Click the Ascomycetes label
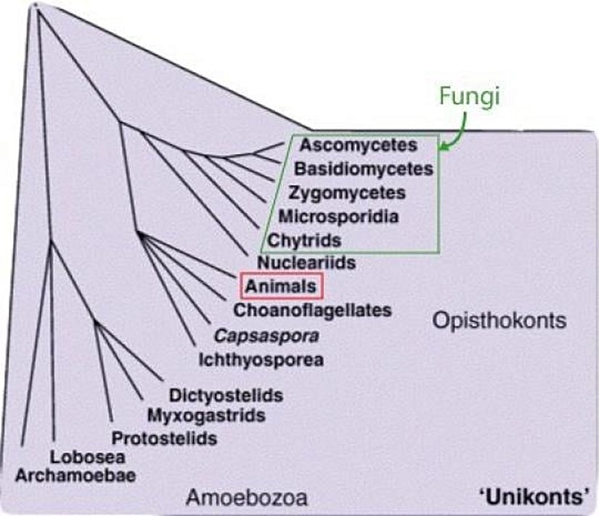tap(359, 145)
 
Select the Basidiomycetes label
tap(364, 169)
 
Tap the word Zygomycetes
tap(346, 193)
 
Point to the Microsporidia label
tap(338, 216)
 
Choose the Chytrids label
tap(305, 239)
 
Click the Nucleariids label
tap(306, 262)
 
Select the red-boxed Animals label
tap(281, 286)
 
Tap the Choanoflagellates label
tap(312, 310)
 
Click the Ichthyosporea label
tap(261, 359)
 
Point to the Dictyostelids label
tap(225, 396)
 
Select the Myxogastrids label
tap(205, 416)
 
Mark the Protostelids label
tap(164, 438)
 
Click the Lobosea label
tap(87, 457)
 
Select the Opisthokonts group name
tap(499, 321)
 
